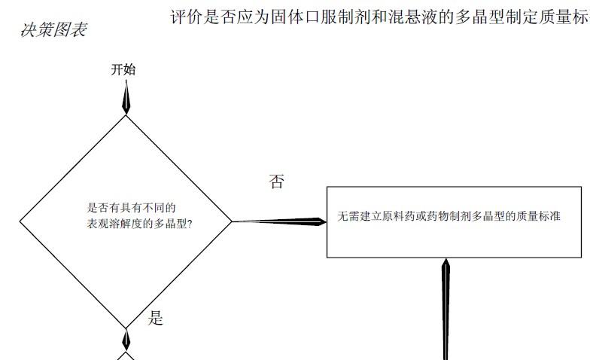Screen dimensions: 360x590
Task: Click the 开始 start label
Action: (123, 70)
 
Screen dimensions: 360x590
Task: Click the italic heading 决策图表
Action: (53, 30)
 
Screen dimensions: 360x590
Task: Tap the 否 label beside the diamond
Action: (277, 182)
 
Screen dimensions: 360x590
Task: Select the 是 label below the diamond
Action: (155, 318)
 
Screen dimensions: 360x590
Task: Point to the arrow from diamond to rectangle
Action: (278, 221)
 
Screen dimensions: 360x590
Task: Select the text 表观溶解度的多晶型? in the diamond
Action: (139, 224)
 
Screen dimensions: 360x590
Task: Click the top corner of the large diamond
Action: (126, 114)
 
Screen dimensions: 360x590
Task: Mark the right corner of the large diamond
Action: (232, 221)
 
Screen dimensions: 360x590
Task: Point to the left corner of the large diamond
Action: (20, 221)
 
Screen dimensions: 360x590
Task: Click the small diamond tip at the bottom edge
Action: (126, 354)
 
